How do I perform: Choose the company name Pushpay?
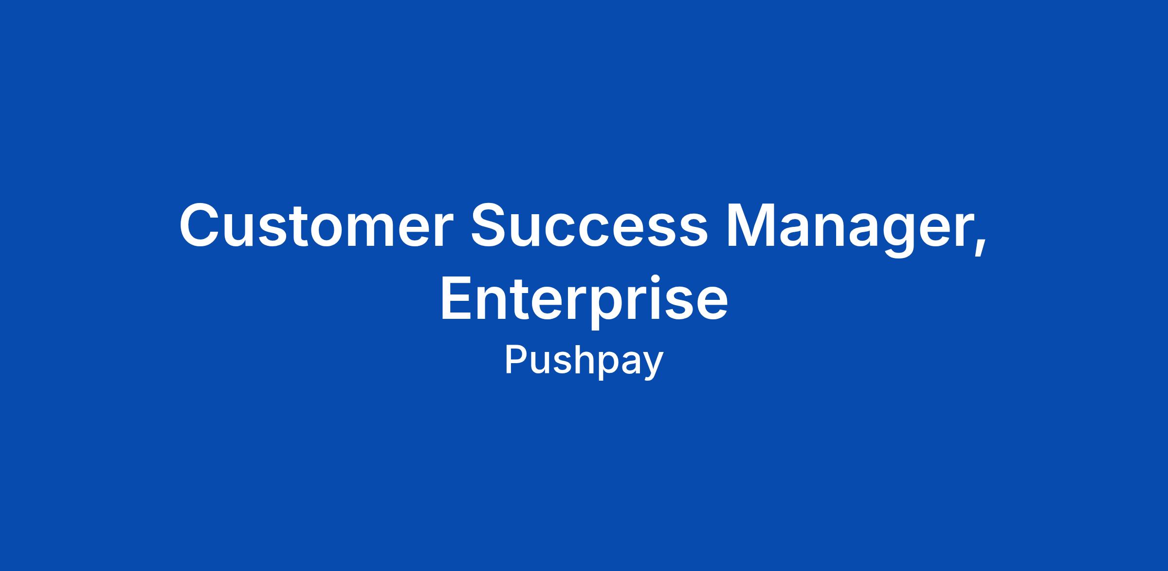click(584, 362)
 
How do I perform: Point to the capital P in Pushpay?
click(517, 360)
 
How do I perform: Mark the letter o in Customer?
click(326, 231)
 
